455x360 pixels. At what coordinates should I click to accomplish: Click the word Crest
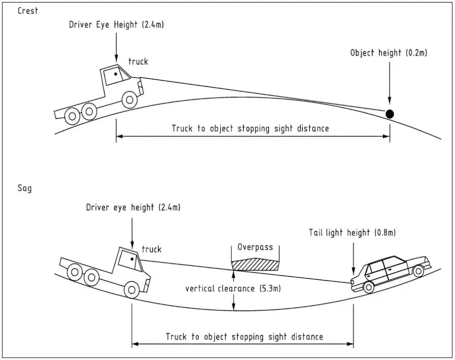coord(27,11)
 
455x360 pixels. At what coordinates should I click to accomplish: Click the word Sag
coord(25,188)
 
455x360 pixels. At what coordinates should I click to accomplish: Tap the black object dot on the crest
coord(390,114)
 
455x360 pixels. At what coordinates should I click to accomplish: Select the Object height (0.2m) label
coord(389,53)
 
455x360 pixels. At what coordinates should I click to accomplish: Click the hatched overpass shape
coord(255,265)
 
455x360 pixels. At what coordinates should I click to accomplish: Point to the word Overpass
coord(255,247)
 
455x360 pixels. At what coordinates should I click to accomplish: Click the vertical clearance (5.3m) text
coord(233,289)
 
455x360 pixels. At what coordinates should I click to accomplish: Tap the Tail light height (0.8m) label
coord(352,233)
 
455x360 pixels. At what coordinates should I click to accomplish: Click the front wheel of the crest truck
coord(130,100)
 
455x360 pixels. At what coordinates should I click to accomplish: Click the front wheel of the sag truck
coord(132,290)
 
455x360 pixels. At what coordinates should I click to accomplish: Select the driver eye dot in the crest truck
coord(116,74)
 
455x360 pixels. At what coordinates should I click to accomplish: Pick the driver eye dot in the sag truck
coord(132,259)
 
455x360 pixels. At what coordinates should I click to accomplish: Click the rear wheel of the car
coord(369,287)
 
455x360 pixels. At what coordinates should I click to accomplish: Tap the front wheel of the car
coord(418,271)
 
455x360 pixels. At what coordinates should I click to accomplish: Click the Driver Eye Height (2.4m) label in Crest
coord(116,25)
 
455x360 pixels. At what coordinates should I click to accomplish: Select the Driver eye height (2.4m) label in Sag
coord(133,208)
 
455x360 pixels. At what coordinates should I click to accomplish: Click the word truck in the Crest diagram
coord(138,61)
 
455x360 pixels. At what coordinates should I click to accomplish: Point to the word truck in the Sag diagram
coord(152,249)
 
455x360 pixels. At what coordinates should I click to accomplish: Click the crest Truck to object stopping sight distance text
coord(250,128)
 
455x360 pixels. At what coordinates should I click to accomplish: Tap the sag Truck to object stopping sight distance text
coord(244,337)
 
